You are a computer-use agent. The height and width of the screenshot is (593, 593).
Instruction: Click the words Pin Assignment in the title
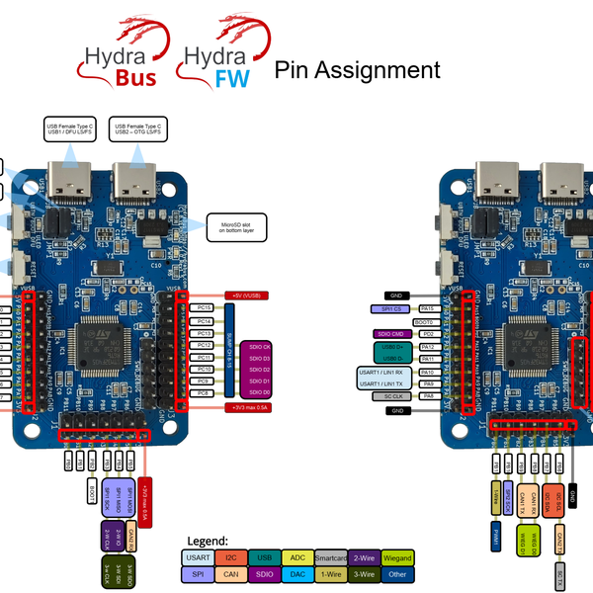[357, 70]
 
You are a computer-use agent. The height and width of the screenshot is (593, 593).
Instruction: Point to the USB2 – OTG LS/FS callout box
[139, 131]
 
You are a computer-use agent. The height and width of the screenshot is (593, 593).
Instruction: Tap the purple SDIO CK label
[259, 346]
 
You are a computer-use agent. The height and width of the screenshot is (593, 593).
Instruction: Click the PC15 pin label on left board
[205, 308]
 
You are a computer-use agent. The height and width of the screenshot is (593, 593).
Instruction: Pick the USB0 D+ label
[394, 347]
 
